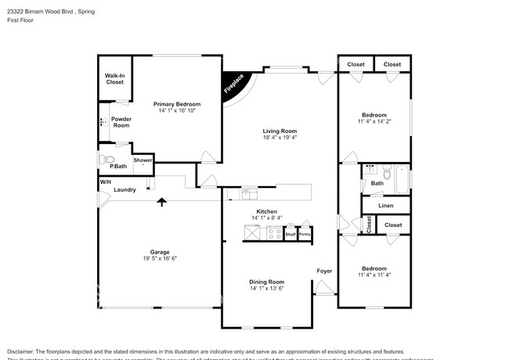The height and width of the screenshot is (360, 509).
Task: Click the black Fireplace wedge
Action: [x=233, y=84]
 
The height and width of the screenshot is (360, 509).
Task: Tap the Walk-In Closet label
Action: [x=114, y=78]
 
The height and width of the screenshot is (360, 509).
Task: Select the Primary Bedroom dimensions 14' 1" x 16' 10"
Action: [x=176, y=110]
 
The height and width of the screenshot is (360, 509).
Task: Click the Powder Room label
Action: [x=121, y=121]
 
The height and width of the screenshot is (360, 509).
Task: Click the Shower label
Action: [x=143, y=160]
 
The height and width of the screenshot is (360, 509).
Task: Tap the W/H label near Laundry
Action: [x=105, y=182]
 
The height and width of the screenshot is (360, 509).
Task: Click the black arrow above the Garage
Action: [x=162, y=203]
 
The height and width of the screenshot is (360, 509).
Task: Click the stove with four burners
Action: [x=275, y=232]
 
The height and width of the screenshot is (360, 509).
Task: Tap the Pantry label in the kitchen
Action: [x=304, y=234]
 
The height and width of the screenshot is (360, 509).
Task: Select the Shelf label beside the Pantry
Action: [x=290, y=234]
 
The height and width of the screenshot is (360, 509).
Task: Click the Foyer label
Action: [x=324, y=272]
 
